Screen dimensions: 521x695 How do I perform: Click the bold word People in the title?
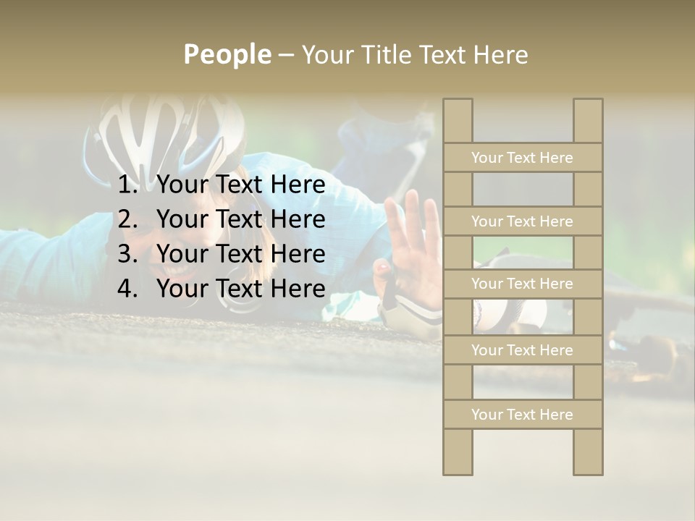227,54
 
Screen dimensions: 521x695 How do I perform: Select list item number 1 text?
240,185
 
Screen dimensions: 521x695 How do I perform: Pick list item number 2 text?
240,219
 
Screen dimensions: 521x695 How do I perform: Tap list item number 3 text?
240,254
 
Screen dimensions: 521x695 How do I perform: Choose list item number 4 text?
240,289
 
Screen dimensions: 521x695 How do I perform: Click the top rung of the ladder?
522,158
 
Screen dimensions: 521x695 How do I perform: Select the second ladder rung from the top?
522,221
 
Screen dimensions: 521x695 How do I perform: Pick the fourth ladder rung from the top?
522,350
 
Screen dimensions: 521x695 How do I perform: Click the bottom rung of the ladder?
522,415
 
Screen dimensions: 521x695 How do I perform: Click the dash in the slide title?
285,55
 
